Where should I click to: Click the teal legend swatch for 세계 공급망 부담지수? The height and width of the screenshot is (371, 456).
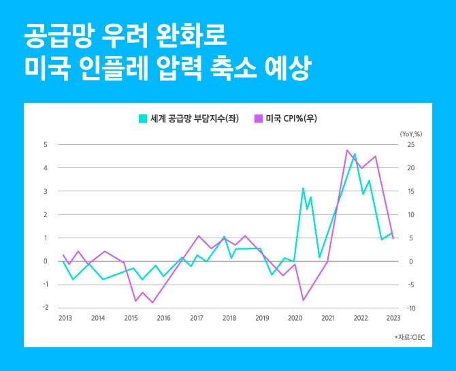pos(143,118)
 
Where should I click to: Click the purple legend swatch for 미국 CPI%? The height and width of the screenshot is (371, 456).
pos(259,118)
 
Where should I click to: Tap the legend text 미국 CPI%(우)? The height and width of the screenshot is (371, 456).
pos(291,118)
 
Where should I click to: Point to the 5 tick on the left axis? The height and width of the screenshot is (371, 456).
pos(45,145)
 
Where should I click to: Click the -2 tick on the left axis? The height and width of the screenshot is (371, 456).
pos(44,308)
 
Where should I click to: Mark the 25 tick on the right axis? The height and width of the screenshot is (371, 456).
pos(410,145)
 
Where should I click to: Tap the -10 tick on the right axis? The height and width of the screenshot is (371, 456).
pos(411,308)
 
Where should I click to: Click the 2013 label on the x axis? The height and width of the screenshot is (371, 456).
pos(65,318)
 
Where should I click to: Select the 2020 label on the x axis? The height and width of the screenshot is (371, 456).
pos(295,318)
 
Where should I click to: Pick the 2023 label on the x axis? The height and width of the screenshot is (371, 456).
pos(393,318)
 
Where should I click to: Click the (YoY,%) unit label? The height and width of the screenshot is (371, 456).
pos(412,133)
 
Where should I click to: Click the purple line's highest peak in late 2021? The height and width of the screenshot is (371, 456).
pos(347,150)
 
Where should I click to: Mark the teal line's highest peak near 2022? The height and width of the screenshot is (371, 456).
pos(355,154)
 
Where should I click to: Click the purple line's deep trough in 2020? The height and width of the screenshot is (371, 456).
pos(303,300)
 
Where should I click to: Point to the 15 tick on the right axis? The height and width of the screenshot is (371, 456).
pos(410,191)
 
